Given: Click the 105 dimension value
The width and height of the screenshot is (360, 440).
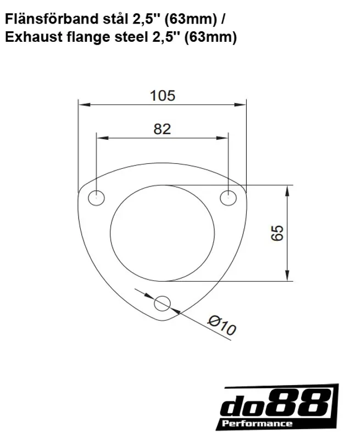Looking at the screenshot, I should coord(162,96).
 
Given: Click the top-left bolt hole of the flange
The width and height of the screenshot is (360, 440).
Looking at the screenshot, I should coord(97,197).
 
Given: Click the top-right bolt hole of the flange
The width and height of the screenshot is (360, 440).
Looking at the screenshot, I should coord(228,197).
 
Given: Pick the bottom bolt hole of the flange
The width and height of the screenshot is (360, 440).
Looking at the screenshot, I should coord(163,302).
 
